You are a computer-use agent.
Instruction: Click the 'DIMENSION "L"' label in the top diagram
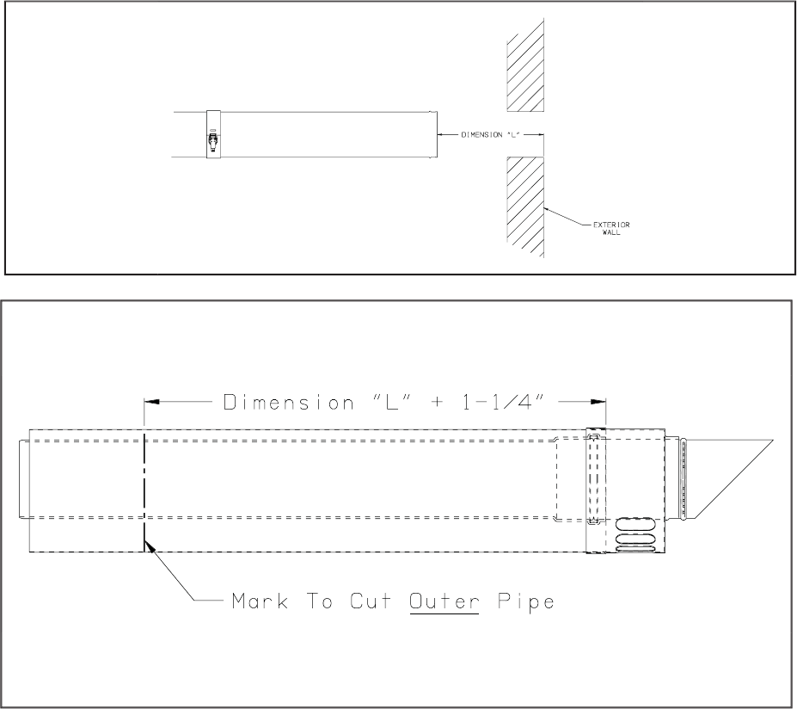point(490,135)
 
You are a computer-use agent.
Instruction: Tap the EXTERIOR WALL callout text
point(611,228)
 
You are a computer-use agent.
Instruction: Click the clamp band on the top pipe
point(213,134)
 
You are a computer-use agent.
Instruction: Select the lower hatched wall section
point(525,207)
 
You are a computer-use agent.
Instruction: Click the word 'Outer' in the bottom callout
point(444,601)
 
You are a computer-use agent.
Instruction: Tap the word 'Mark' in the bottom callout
point(260,601)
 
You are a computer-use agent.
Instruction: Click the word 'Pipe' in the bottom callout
point(525,602)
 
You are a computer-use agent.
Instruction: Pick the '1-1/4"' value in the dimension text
point(503,403)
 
